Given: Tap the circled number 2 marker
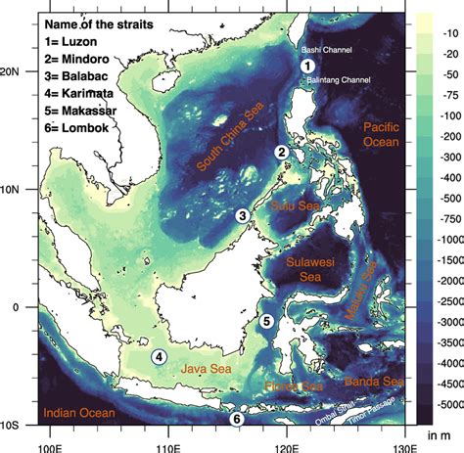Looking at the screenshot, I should (x=281, y=153).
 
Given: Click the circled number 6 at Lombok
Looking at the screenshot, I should (x=235, y=420).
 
